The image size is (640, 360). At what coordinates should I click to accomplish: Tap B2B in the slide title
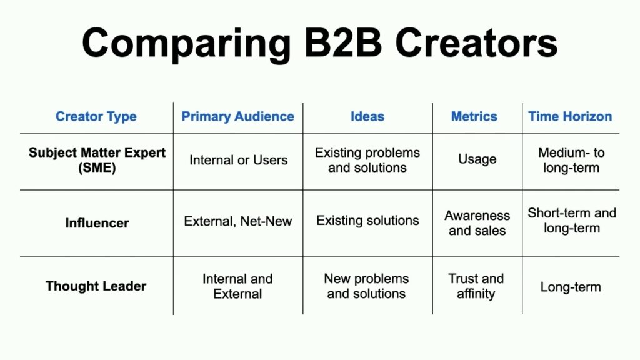click(x=343, y=42)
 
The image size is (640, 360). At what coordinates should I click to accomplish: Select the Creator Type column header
click(x=96, y=117)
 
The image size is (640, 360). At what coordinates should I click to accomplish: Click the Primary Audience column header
click(x=238, y=117)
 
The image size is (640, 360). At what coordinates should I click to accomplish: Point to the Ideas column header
click(x=367, y=117)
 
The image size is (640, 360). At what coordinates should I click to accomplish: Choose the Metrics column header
click(x=474, y=117)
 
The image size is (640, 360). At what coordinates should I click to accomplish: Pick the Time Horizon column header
click(x=570, y=117)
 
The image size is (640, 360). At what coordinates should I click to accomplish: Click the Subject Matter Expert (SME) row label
click(x=97, y=160)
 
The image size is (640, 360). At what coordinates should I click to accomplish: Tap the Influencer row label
click(x=97, y=223)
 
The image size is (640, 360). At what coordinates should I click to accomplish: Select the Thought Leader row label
click(x=96, y=286)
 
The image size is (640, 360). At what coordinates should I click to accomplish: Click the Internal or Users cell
click(x=238, y=160)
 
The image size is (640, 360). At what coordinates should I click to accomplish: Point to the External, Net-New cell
click(x=238, y=221)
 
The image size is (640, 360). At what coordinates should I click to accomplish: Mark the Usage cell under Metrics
click(x=477, y=159)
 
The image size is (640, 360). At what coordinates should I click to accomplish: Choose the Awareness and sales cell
click(x=477, y=223)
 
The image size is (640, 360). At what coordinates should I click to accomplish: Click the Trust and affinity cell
click(x=476, y=286)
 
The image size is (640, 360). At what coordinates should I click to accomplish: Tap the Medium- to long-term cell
click(x=571, y=160)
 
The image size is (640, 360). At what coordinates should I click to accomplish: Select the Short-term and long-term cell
click(x=572, y=221)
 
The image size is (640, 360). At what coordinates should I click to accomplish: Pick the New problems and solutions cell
click(x=366, y=286)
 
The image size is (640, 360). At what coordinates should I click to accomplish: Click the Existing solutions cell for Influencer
click(x=367, y=221)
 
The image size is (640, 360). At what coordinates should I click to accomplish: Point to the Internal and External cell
click(x=237, y=286)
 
